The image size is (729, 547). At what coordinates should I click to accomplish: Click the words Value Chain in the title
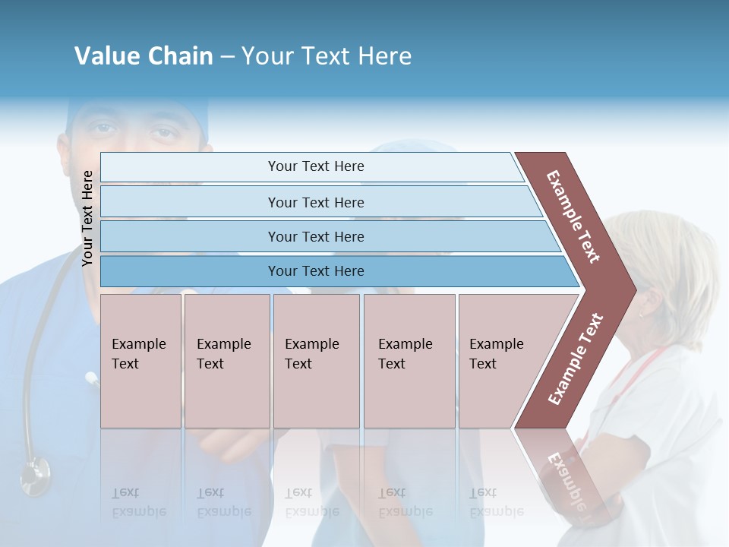tap(144, 56)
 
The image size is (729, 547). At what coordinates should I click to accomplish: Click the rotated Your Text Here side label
tap(88, 218)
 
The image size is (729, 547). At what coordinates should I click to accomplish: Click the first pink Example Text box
tap(140, 361)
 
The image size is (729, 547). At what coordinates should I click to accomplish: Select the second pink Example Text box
tap(226, 361)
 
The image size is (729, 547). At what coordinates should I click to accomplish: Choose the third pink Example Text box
tap(315, 361)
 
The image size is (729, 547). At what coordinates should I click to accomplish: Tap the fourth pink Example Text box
tap(409, 361)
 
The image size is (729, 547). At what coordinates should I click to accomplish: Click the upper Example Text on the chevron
tap(574, 217)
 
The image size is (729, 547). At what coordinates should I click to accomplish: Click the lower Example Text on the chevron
tap(575, 359)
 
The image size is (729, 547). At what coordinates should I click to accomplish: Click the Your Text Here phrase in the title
tap(327, 56)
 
